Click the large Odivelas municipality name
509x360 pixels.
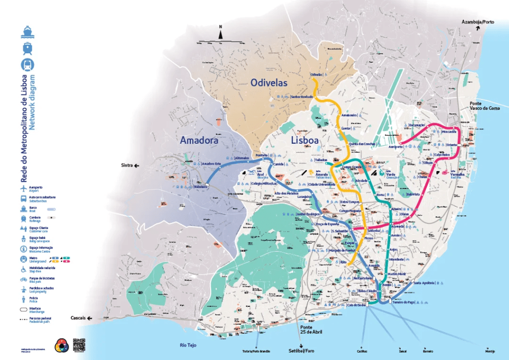pos(269,83)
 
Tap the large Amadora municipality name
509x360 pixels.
pos(199,141)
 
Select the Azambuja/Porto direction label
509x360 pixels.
pos(477,22)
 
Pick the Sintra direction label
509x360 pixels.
pos(127,165)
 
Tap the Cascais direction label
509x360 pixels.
pos(79,318)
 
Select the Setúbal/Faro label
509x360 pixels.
pos(302,350)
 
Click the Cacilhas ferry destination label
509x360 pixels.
pos(362,351)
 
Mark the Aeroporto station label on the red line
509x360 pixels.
pos(396,147)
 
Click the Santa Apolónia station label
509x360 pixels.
pos(423,282)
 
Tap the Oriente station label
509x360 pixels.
pos(451,145)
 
